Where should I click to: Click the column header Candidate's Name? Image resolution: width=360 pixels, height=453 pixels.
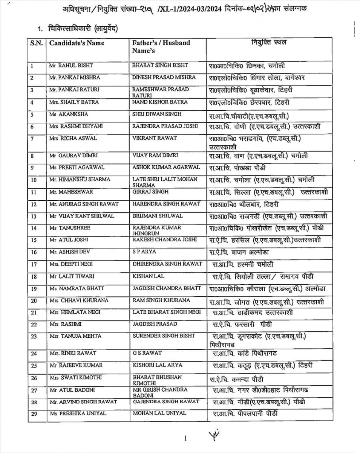[77, 43]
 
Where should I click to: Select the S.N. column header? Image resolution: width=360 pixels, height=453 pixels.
[37, 43]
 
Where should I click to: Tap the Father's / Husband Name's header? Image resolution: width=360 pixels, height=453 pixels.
[161, 46]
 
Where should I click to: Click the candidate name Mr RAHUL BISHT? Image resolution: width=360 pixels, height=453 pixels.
[71, 66]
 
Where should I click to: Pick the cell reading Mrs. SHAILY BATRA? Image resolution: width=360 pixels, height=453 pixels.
[74, 102]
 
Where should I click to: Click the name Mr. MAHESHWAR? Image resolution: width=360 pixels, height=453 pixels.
[71, 192]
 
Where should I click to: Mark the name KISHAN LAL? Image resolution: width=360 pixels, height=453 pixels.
[148, 276]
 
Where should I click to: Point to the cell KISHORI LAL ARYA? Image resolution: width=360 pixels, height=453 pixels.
[157, 365]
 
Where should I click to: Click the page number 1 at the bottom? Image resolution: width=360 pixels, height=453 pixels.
[185, 438]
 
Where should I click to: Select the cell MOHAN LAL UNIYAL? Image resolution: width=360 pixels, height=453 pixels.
[159, 413]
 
